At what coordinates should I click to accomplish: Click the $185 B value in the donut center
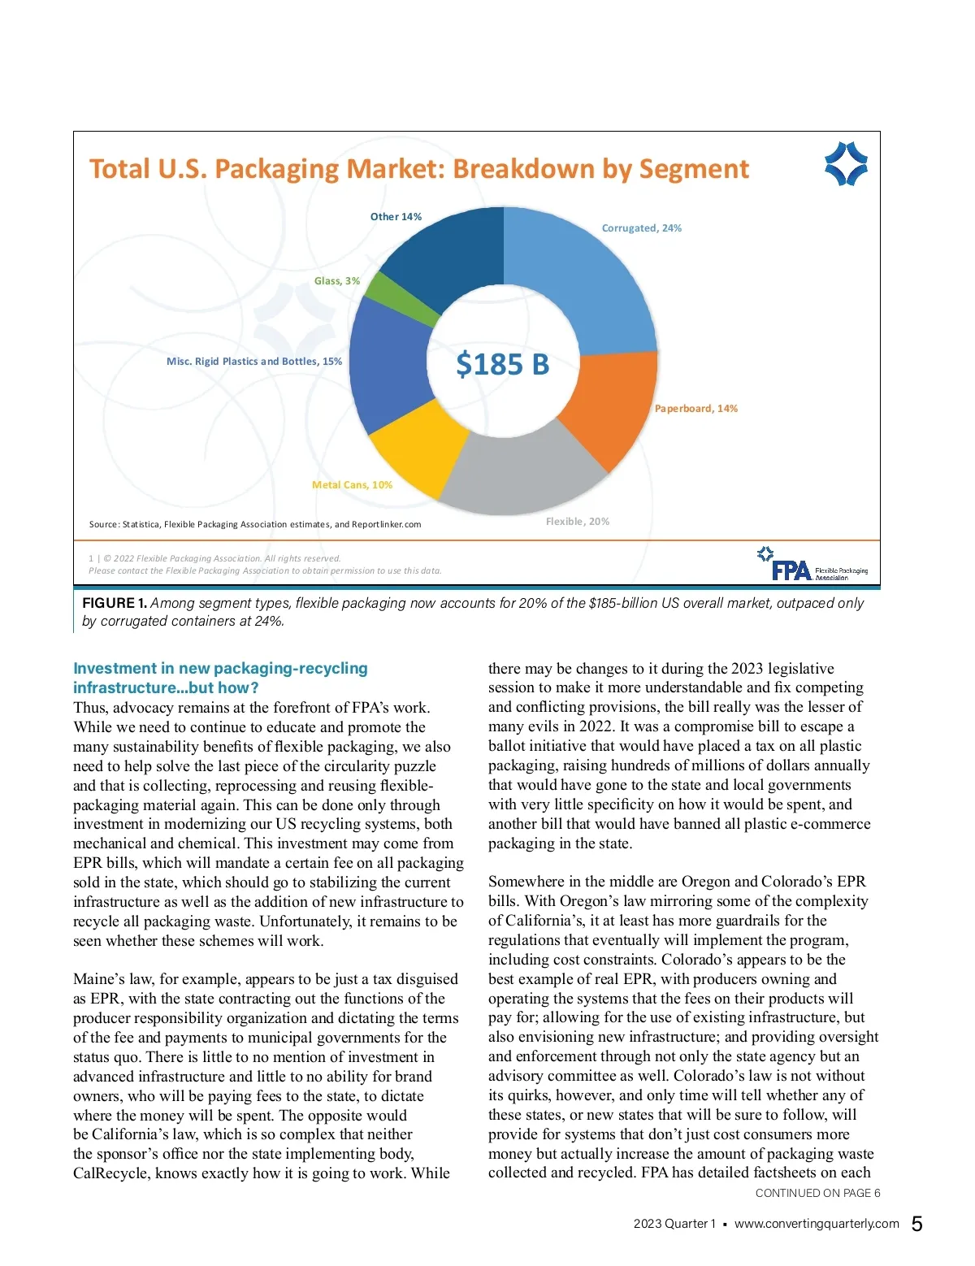[x=502, y=364]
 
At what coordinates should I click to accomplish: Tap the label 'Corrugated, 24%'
[x=641, y=228]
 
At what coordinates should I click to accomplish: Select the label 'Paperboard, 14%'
[x=695, y=409]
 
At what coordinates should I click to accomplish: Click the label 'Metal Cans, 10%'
[x=352, y=485]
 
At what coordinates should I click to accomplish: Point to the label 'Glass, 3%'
[x=336, y=281]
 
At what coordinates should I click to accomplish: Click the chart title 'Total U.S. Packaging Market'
[x=418, y=169]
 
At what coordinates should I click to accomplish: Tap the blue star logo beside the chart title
[x=846, y=163]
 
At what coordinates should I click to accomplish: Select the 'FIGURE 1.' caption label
[x=115, y=603]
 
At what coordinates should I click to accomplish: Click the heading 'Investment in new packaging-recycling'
[x=220, y=668]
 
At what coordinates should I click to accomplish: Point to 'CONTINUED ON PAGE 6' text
[x=817, y=1193]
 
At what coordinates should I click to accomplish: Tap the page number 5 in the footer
[x=916, y=1224]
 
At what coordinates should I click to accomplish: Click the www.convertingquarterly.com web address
[x=817, y=1224]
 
